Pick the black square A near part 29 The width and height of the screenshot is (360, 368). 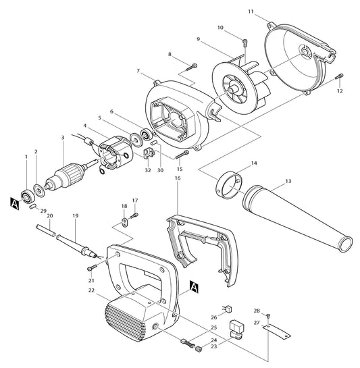[x=15, y=201]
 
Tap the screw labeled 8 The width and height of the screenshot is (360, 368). [x=193, y=65]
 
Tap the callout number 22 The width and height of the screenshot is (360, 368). [x=91, y=291]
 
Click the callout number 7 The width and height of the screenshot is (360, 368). [x=138, y=71]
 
